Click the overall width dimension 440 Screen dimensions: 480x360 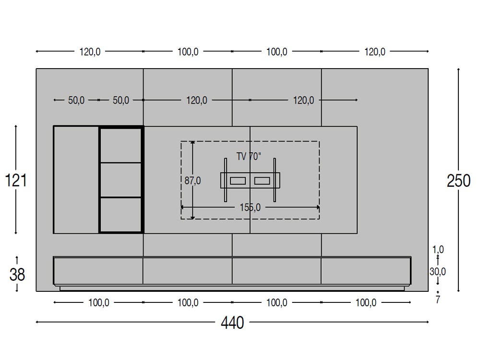(x=232, y=323)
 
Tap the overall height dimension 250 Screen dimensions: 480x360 (x=458, y=180)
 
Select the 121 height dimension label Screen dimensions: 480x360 (x=16, y=180)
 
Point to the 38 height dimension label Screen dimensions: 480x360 (x=17, y=274)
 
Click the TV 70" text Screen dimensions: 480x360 (x=249, y=156)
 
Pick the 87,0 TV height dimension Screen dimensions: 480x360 (x=192, y=180)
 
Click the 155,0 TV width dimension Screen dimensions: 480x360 (x=250, y=207)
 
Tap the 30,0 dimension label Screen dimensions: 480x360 (x=437, y=271)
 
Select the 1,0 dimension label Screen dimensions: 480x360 (x=438, y=250)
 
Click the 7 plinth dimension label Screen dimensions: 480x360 (x=438, y=300)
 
